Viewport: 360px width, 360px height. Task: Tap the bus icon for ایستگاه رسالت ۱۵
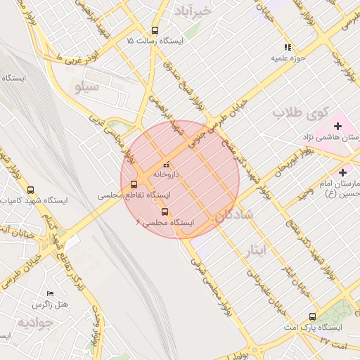pos(155,30)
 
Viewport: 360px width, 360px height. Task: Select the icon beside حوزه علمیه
pos(277,47)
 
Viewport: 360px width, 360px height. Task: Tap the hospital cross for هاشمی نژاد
pos(338,126)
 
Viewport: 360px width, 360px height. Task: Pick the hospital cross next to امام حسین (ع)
pos(342,172)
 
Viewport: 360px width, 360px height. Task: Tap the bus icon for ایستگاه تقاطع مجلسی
pos(134,184)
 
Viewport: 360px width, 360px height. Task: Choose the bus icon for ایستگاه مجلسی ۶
pos(165,211)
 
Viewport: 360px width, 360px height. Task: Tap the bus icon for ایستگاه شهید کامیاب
pos(30,190)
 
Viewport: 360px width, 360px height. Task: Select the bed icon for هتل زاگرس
pos(49,293)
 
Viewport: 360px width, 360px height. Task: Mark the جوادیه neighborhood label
pos(35,323)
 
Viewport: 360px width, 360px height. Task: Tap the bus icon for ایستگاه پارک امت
pos(312,316)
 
